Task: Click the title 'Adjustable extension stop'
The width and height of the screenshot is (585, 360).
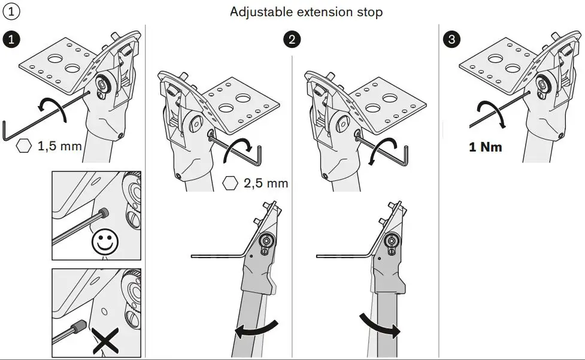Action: (306, 12)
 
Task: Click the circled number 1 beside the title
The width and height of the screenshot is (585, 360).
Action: (11, 11)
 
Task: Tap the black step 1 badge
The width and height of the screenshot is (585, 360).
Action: (12, 40)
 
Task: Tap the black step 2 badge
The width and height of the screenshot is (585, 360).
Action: (292, 40)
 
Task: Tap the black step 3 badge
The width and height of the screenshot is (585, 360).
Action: (451, 40)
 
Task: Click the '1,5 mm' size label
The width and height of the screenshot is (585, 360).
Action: (59, 146)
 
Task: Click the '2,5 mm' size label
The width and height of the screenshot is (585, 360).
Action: (266, 183)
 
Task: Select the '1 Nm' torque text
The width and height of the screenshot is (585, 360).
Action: (486, 147)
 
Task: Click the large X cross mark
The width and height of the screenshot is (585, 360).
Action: (104, 341)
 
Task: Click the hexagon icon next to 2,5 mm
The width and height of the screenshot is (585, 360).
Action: (229, 183)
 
